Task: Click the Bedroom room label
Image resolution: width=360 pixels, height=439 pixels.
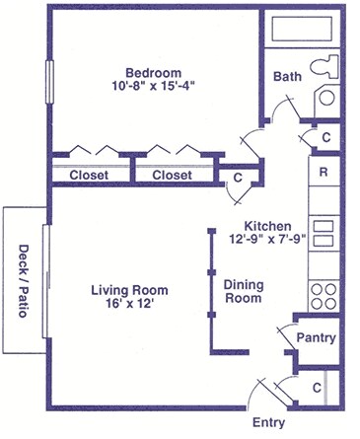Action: tap(154, 73)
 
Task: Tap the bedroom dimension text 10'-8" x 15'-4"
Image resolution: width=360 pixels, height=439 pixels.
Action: tap(154, 86)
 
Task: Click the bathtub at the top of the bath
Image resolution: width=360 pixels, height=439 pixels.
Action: tap(302, 29)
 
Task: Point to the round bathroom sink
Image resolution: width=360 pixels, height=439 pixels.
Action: tap(327, 98)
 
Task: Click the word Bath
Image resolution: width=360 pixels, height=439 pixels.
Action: tap(287, 77)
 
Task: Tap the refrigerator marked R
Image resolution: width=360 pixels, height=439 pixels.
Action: tap(324, 172)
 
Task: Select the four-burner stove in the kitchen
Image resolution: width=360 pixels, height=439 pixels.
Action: tap(324, 296)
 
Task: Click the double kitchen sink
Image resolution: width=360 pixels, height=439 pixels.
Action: tap(324, 234)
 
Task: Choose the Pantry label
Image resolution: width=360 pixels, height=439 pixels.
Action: tap(317, 337)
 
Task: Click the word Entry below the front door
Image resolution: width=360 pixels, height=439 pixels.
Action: tap(268, 423)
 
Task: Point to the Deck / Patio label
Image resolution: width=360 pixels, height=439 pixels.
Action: tap(23, 280)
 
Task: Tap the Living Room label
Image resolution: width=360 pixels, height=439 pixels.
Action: tap(129, 290)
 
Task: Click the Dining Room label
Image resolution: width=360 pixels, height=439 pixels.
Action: tap(244, 291)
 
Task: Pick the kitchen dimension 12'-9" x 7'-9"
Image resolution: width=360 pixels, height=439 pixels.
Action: tap(268, 240)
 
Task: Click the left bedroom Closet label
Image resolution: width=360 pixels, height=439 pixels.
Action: tap(89, 175)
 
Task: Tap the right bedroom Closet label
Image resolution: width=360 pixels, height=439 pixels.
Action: tap(172, 175)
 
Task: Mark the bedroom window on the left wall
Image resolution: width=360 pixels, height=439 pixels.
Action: tap(49, 82)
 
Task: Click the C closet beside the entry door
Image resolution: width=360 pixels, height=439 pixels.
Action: tap(317, 388)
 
